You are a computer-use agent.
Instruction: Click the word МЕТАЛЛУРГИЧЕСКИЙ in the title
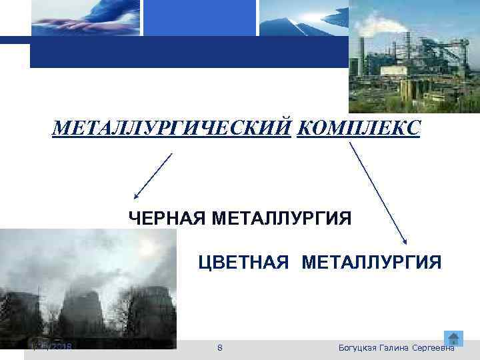[172, 127]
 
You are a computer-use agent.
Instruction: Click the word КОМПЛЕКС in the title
[358, 127]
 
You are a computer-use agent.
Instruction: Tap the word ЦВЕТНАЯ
[243, 261]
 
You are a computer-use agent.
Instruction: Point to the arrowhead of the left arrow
[136, 197]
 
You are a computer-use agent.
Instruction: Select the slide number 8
[221, 348]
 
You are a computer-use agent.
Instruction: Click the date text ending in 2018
[54, 348]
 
